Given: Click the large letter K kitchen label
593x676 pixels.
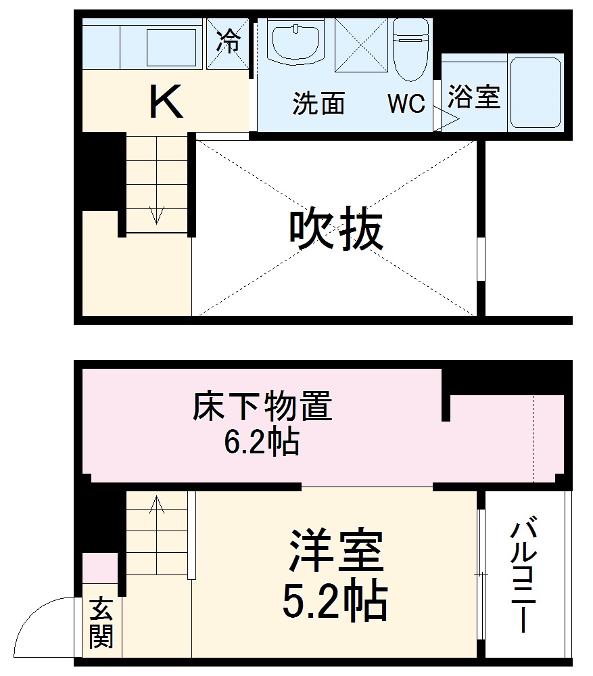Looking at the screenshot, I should point(166,102).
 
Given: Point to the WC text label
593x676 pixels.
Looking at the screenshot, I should point(406,103).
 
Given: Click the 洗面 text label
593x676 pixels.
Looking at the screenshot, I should point(318,103).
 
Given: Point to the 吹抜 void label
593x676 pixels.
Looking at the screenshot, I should point(336,230).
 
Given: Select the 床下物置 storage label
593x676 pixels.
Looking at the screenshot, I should point(262,408).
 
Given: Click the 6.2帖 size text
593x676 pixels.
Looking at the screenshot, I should point(262,443).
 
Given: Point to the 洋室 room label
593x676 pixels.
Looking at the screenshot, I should point(336,553).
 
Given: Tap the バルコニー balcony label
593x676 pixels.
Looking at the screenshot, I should point(524,576).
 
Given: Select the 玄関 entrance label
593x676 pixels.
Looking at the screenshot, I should point(100,623).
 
